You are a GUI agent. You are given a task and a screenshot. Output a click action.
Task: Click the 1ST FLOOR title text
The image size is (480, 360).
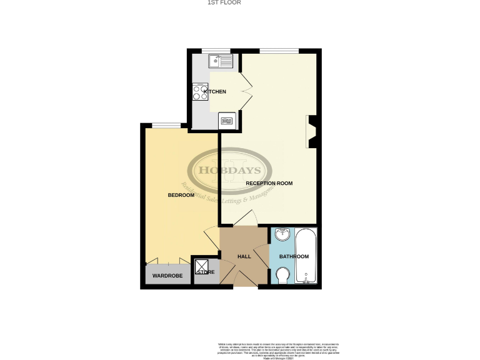[224, 2]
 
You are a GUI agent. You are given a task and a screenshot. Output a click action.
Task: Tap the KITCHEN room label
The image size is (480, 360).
[214, 92]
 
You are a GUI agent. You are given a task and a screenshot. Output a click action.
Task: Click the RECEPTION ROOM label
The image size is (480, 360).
[269, 183]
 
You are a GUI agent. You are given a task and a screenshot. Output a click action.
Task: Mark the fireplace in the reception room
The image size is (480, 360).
[313, 132]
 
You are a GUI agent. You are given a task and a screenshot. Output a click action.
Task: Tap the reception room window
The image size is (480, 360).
[279, 51]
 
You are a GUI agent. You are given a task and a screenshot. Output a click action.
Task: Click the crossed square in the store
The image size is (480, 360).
[202, 266]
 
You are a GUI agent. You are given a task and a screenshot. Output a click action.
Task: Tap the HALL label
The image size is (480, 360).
[244, 257]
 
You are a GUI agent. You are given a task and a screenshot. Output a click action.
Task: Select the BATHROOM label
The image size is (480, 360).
[294, 257]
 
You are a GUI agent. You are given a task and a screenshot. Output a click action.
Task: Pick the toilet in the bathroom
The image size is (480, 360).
[282, 274]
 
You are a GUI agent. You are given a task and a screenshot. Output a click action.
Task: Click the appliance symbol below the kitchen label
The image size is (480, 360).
[227, 120]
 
